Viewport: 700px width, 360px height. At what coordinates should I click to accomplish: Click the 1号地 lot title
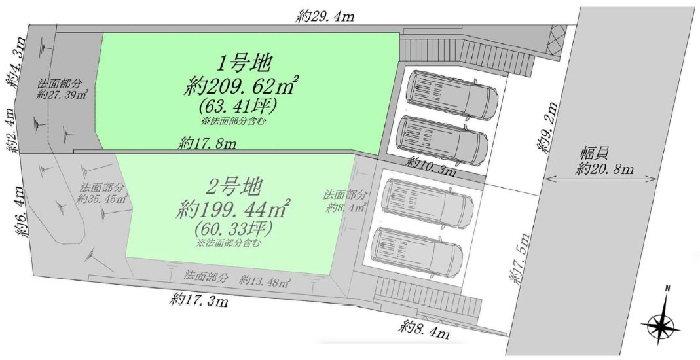pos(244,64)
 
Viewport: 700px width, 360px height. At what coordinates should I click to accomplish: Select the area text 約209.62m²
pos(240,86)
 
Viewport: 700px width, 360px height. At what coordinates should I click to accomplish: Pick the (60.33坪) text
pos(234,229)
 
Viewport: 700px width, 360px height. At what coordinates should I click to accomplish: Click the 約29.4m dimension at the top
pos(325,17)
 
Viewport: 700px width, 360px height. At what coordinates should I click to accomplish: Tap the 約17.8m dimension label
pos(207,143)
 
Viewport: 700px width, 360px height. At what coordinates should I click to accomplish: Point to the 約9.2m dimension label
pos(548,128)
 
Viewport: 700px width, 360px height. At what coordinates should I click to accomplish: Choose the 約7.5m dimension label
pos(521,259)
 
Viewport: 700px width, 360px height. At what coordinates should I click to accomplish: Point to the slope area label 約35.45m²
pos(102,199)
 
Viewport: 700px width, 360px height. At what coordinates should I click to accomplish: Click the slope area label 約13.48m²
pos(265,281)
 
